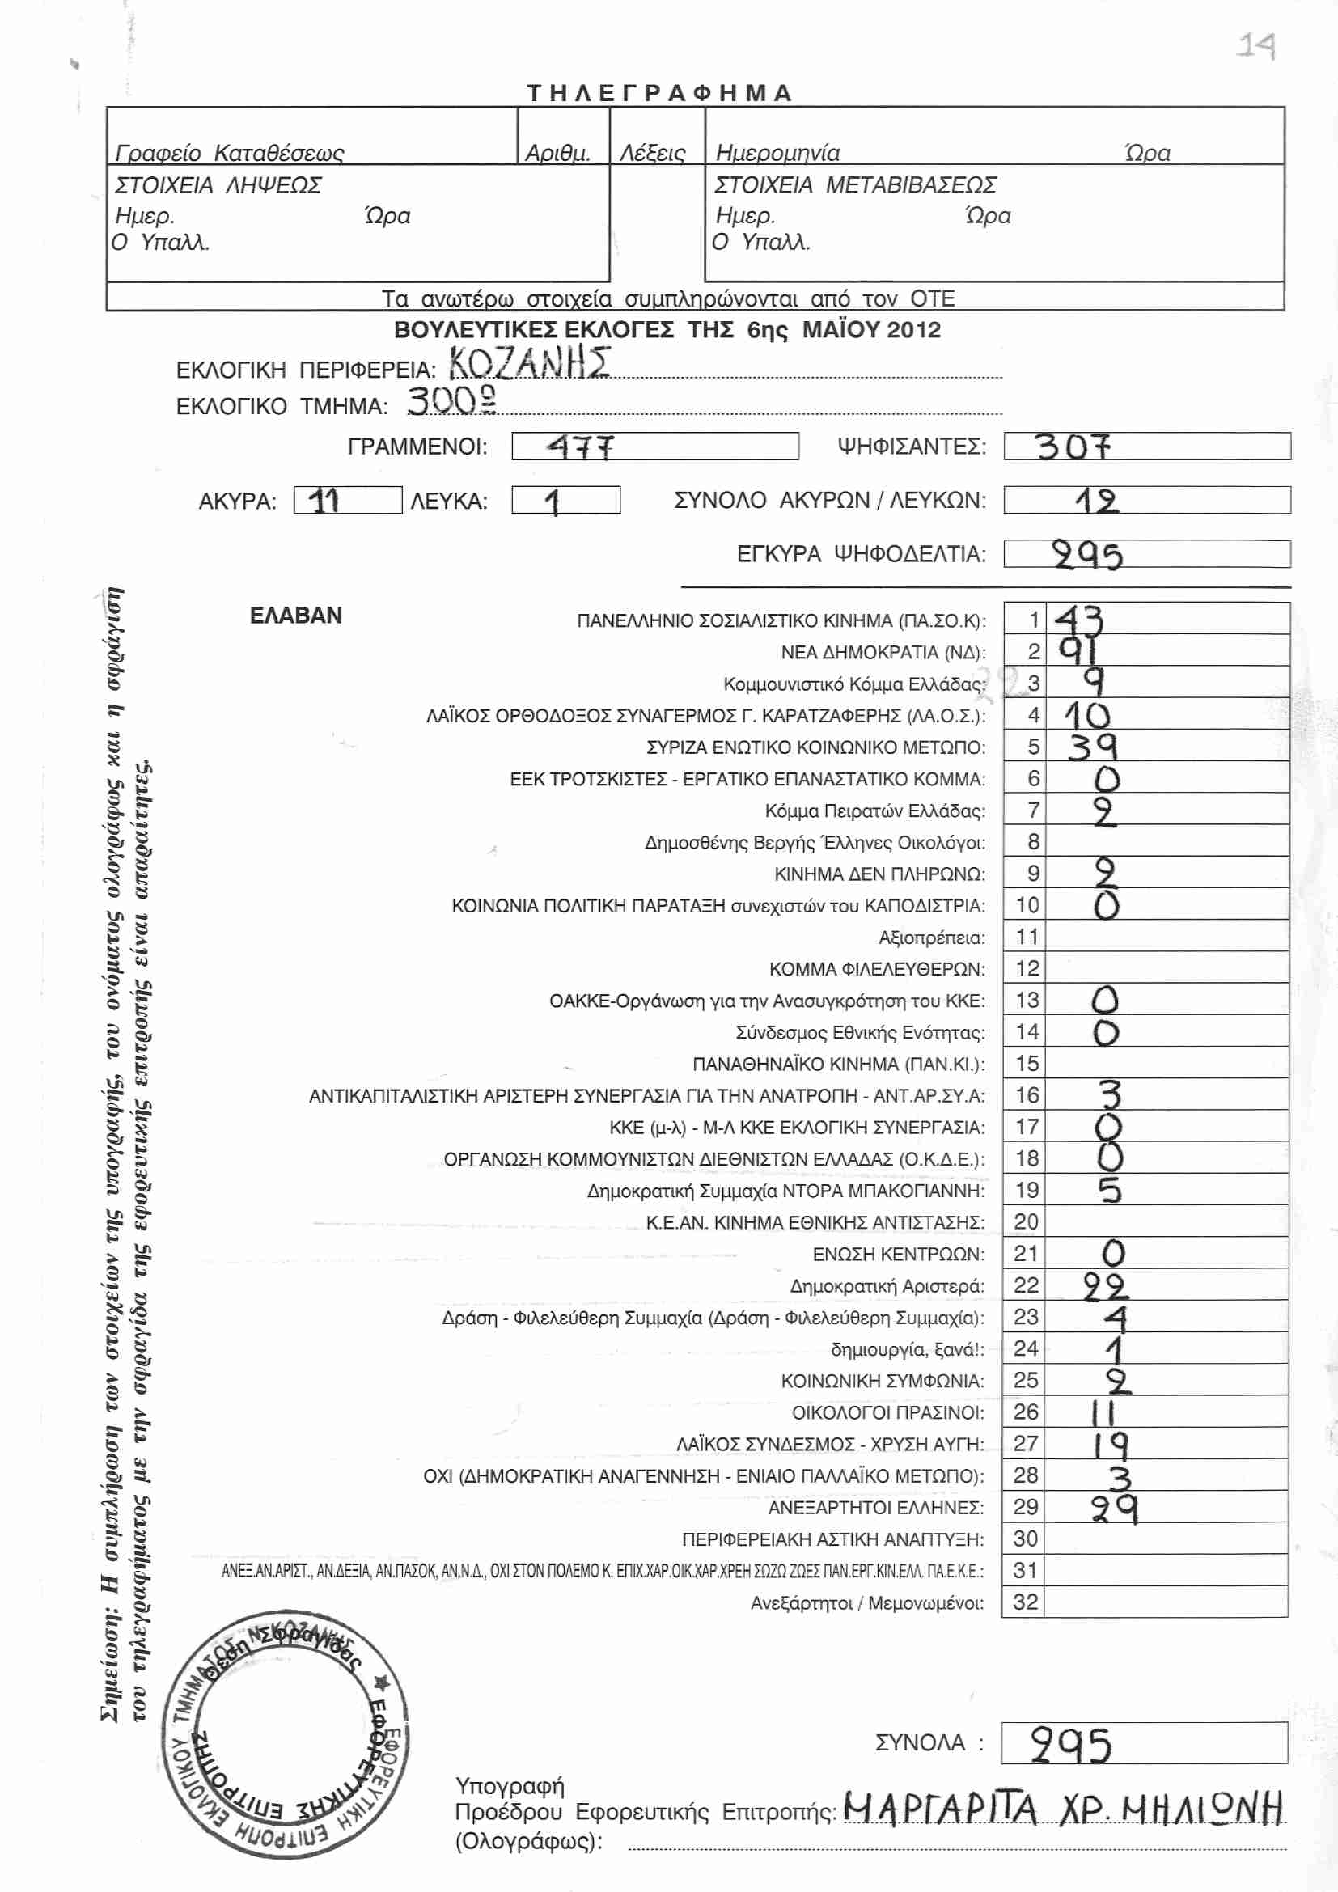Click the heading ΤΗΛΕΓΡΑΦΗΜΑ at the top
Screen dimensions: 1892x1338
click(659, 92)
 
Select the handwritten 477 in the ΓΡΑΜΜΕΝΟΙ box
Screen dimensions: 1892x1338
click(581, 447)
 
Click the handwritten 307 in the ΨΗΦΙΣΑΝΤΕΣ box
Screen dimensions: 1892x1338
click(1073, 447)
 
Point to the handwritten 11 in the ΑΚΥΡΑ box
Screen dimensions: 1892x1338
click(324, 500)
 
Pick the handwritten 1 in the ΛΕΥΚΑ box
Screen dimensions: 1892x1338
click(553, 502)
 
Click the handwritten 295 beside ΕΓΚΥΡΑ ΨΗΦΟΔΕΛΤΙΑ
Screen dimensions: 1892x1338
click(1087, 557)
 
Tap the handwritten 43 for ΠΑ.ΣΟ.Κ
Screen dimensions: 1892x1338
click(1079, 620)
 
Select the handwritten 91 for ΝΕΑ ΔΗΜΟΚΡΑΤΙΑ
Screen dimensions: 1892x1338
click(1078, 651)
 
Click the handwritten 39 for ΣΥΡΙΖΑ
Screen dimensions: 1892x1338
click(1092, 747)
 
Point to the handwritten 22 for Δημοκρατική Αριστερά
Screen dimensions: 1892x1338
click(1105, 1286)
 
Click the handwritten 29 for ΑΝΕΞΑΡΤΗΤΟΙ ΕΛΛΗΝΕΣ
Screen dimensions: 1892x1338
click(1114, 1509)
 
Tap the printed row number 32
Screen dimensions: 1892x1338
click(1026, 1602)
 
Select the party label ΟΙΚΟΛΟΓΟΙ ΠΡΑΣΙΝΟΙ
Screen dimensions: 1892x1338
click(887, 1413)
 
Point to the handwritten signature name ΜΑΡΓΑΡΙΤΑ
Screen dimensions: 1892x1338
click(940, 1809)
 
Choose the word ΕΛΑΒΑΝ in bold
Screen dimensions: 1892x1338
click(296, 616)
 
